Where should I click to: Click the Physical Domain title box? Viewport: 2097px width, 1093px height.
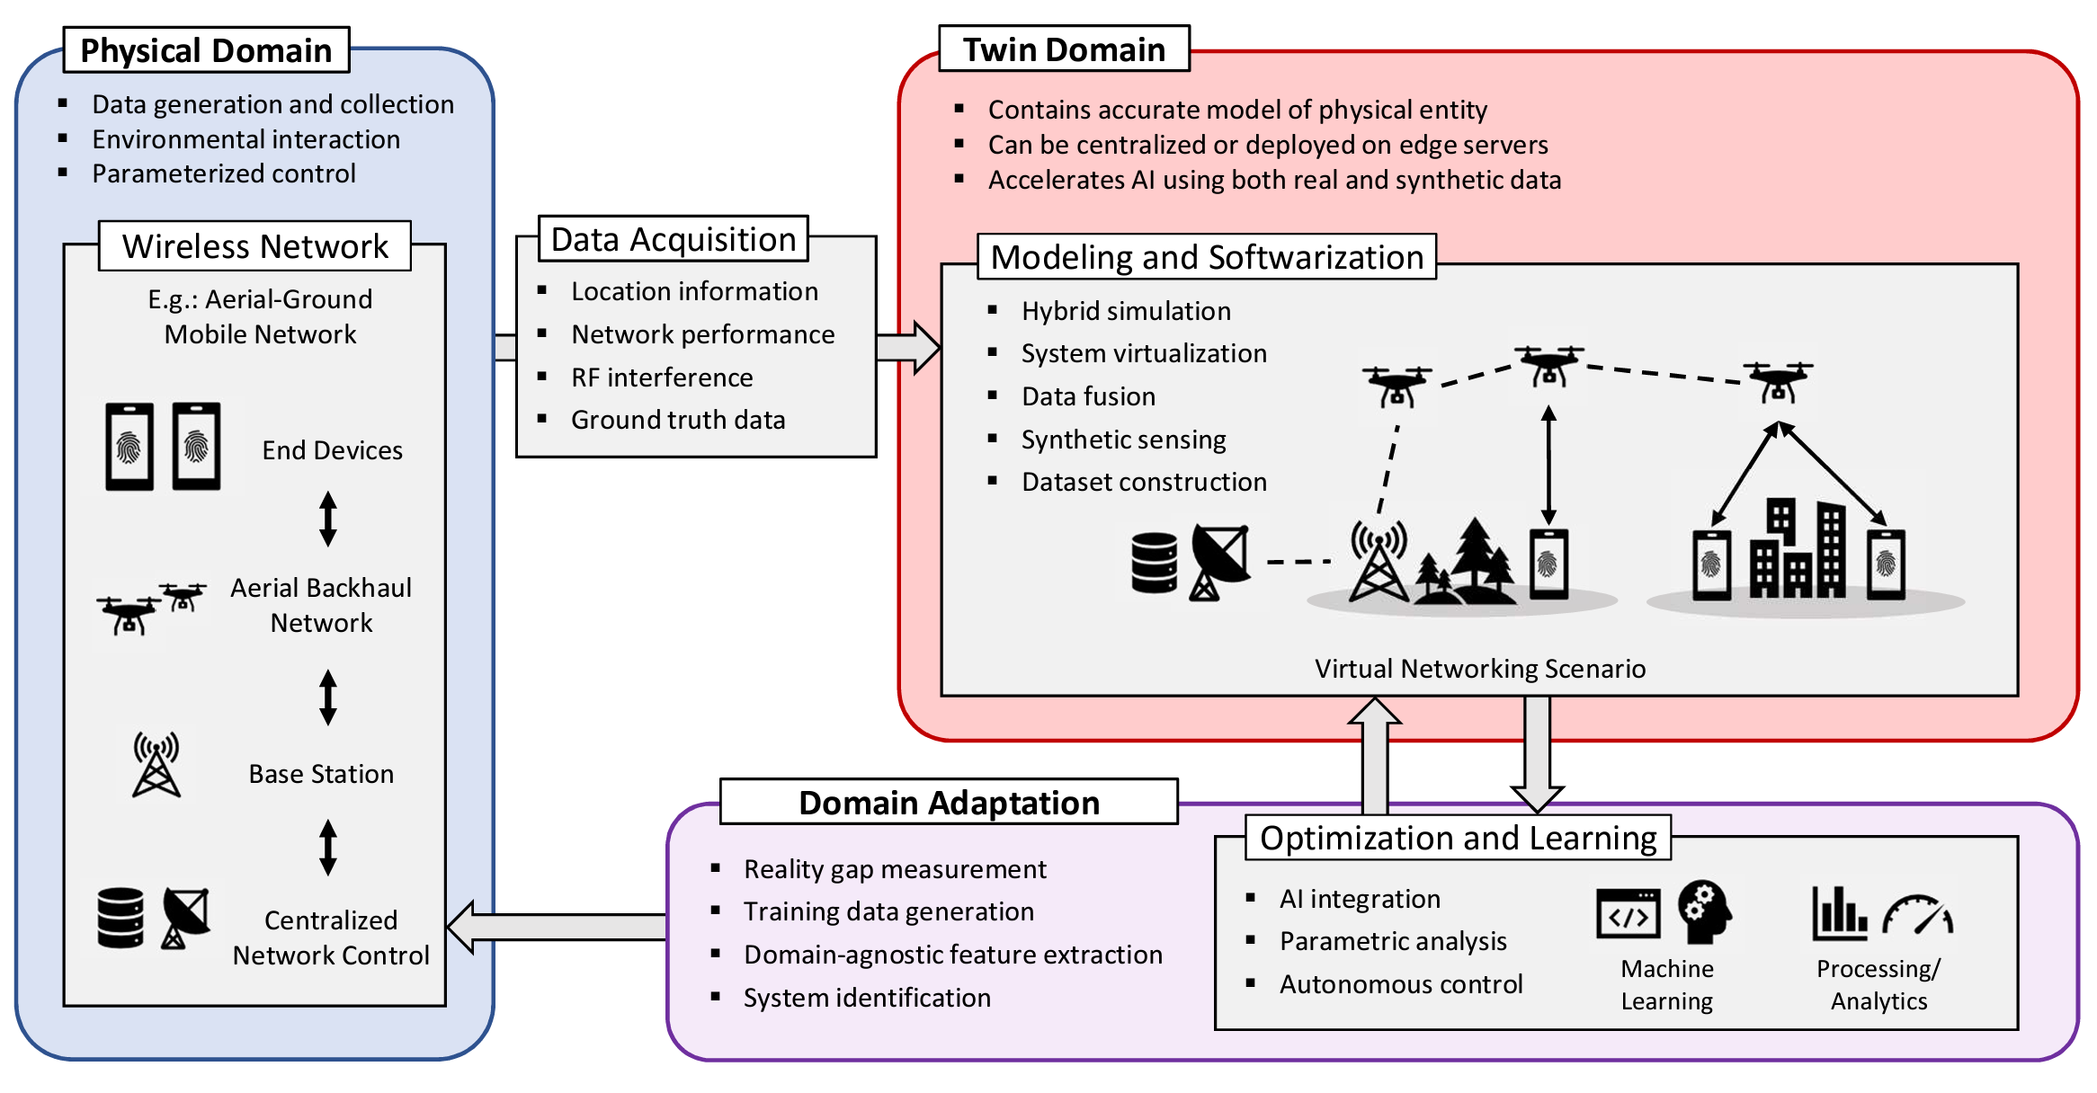click(x=206, y=50)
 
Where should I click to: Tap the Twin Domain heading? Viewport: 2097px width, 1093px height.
click(x=1064, y=49)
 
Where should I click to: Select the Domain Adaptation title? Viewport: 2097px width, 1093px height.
click(x=949, y=802)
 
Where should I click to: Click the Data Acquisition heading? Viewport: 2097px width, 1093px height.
click(x=674, y=239)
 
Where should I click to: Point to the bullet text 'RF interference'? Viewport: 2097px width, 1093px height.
click(x=662, y=378)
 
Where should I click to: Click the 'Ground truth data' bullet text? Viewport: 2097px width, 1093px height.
click(x=678, y=420)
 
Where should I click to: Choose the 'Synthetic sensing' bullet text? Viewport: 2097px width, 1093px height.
click(x=1123, y=440)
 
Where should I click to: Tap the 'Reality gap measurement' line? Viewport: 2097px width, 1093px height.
click(x=895, y=869)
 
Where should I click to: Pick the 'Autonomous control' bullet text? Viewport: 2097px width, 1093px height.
click(x=1401, y=984)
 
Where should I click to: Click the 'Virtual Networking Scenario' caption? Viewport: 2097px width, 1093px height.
click(x=1480, y=669)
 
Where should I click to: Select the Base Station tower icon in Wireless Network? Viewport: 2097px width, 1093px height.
click(x=156, y=765)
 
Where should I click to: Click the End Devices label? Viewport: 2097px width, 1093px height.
click(x=332, y=450)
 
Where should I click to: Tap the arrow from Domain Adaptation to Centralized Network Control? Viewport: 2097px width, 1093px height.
click(x=558, y=927)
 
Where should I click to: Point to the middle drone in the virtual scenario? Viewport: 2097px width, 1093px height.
click(x=1548, y=366)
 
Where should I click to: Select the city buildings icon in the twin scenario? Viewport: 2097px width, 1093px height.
click(x=1797, y=550)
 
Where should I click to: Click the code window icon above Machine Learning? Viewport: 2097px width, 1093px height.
click(x=1628, y=914)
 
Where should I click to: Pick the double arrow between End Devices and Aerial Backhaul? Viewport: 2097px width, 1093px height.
click(x=328, y=519)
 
